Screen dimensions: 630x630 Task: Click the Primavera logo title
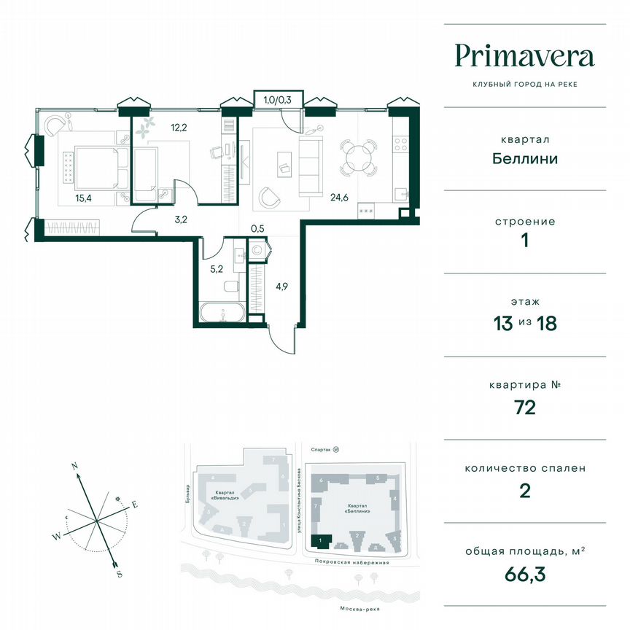(524, 55)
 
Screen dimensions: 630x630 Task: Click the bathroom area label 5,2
(216, 268)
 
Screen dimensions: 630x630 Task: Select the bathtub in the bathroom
(224, 314)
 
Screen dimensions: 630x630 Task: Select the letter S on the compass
(118, 574)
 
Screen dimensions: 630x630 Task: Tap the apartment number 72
(524, 407)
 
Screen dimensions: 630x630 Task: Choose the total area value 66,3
(524, 575)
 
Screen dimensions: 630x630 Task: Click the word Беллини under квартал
(524, 158)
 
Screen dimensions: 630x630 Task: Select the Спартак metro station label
(322, 450)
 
